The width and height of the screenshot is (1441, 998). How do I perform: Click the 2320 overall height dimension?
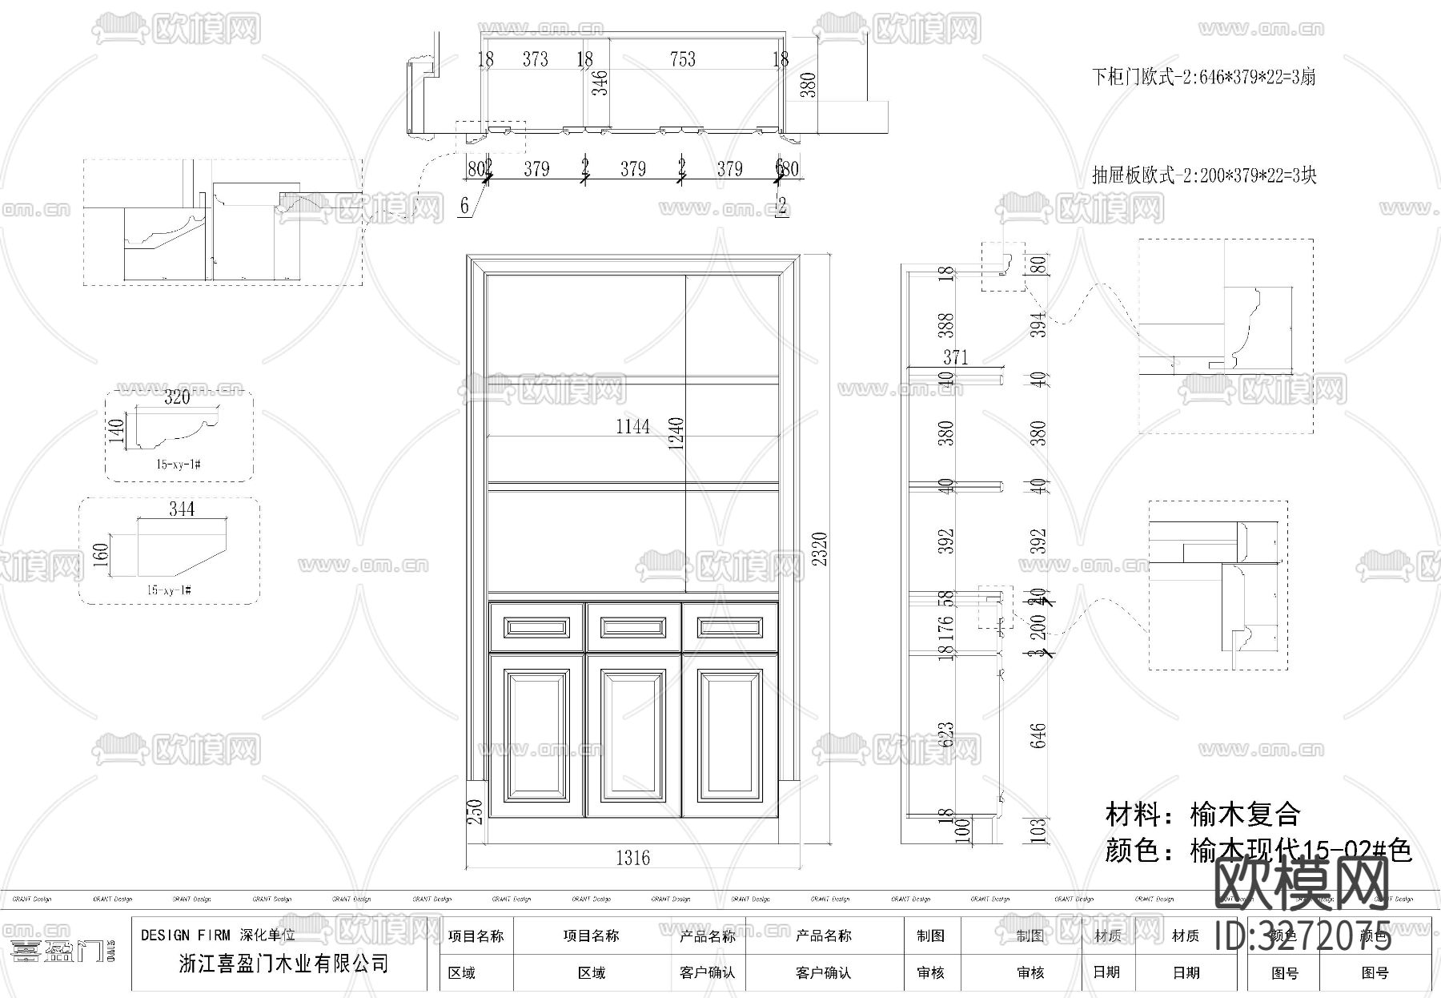coord(819,549)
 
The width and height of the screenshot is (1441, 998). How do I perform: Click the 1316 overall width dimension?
coord(632,858)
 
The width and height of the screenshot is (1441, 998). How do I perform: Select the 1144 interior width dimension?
coord(632,426)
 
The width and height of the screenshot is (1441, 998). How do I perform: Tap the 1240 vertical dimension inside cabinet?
coord(676,433)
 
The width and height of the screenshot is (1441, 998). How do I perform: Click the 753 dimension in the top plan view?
coord(682,59)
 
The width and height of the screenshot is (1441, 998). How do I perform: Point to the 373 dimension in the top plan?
coord(535,59)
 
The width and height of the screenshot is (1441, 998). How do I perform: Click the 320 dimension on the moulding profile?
coord(177,397)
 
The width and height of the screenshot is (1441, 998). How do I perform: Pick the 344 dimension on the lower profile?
coord(182,509)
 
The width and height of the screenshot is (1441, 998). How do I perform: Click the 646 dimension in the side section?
coord(1038,735)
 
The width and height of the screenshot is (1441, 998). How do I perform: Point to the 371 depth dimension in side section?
coord(955,357)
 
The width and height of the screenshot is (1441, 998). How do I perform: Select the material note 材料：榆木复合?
coord(1202,815)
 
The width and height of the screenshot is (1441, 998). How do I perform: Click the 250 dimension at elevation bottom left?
coord(475,811)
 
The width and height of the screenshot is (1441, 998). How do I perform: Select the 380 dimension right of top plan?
coord(809,85)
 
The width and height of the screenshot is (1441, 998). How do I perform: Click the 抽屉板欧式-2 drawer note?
coord(1204,175)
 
